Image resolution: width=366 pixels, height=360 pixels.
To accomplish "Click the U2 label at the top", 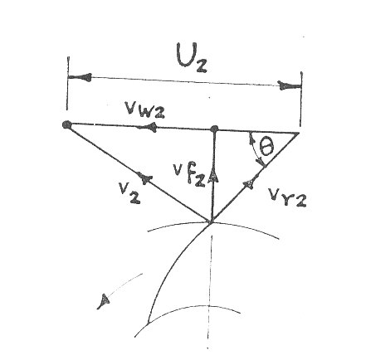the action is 192,57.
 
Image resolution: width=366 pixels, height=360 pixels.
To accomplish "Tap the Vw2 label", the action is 144,109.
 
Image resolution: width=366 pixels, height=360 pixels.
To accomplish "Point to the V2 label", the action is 129,192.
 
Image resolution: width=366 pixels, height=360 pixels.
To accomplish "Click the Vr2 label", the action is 287,197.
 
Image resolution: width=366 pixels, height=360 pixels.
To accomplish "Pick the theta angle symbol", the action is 266,147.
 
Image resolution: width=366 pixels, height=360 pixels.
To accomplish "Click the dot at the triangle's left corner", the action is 66,125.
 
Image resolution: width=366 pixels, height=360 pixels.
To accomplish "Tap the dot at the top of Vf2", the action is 214,129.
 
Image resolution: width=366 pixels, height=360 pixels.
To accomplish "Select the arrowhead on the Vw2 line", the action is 150,128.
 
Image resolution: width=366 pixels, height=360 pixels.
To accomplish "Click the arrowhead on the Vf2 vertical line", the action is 214,176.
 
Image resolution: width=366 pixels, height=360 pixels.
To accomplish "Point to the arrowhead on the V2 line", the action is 144,178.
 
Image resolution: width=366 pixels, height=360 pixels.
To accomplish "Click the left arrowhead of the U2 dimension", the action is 81,77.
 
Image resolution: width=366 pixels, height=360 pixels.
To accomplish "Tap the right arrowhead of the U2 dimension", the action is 289,85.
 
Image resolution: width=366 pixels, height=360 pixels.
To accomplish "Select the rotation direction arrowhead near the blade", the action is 104,301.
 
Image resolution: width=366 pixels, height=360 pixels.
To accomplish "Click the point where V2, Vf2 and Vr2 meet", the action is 211,221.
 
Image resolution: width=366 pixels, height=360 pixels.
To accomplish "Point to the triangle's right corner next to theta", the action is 299,134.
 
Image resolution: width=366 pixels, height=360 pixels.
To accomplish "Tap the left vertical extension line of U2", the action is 68,83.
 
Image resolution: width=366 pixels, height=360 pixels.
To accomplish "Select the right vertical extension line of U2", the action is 301,100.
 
